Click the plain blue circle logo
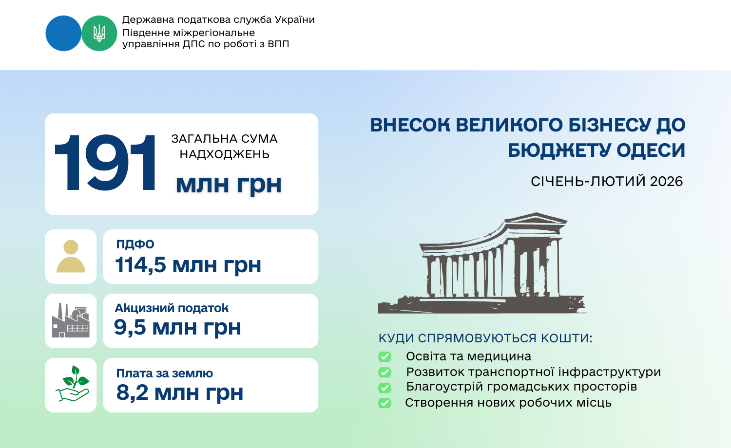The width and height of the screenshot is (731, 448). coord(63,33)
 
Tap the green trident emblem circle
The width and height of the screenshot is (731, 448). coord(99,33)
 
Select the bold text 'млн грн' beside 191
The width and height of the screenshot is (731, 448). coord(229,184)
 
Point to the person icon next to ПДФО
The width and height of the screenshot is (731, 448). coord(71,256)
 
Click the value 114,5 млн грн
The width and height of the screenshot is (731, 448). coord(188,265)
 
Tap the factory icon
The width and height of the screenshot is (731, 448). coord(71,320)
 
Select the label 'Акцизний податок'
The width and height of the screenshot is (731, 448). coord(172,308)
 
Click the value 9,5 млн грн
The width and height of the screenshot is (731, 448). coord(177,327)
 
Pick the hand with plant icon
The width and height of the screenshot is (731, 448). coord(72,384)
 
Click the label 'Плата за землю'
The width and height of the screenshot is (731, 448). coord(165,373)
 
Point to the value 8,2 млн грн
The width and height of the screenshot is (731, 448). coord(180,392)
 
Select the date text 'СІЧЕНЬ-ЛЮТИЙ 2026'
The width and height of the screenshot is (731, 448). coord(607,181)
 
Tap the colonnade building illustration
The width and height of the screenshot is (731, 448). coord(482,263)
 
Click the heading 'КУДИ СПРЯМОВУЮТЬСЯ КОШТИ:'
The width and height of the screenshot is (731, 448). coord(485,338)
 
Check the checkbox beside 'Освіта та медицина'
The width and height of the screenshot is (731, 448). coord(385,357)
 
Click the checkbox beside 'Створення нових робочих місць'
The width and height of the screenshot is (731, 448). coord(385,403)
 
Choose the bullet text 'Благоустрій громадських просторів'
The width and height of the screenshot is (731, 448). coord(521,387)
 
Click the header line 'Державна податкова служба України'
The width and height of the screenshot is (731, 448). coord(218,20)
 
